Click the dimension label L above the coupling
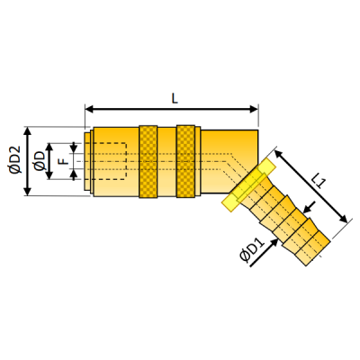coord(175,98)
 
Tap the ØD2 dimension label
coord(15,160)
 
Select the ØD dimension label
coord(40,161)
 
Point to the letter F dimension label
coord(64,161)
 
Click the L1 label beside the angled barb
coord(319,183)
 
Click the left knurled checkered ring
coord(148,162)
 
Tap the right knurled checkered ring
coord(185,162)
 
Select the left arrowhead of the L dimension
coord(90,109)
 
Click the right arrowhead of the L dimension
coord(254,109)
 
